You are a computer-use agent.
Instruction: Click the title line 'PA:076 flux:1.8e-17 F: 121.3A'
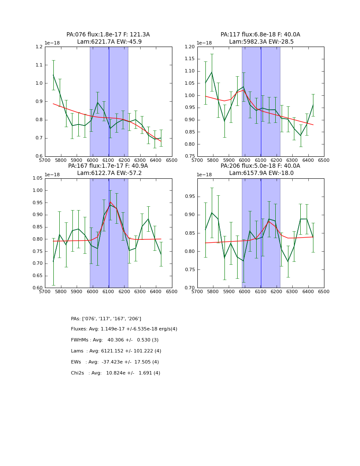click(108, 35)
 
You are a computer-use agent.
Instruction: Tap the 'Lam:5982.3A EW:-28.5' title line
click(261, 42)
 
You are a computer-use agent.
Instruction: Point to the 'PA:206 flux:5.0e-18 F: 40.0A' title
click(260, 166)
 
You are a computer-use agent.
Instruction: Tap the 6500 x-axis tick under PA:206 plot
click(324, 291)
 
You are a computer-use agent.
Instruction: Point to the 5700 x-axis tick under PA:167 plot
click(45, 291)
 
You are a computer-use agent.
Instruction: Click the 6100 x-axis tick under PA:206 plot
click(261, 291)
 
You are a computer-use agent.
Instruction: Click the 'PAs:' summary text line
click(106, 319)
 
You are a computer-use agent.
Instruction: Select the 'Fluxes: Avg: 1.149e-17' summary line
click(124, 329)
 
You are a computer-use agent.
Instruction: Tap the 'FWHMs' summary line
click(115, 340)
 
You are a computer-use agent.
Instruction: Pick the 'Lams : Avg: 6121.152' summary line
click(116, 351)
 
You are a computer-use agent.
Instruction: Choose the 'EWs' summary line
click(115, 362)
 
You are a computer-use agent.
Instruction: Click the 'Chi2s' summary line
click(116, 373)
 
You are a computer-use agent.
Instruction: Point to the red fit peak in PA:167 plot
click(110, 202)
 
